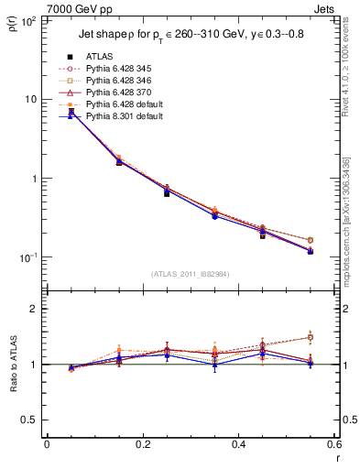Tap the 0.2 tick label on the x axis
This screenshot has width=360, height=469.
point(142,444)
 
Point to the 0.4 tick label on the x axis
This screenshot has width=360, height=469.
point(238,444)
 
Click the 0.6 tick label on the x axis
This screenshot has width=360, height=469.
point(333,444)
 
